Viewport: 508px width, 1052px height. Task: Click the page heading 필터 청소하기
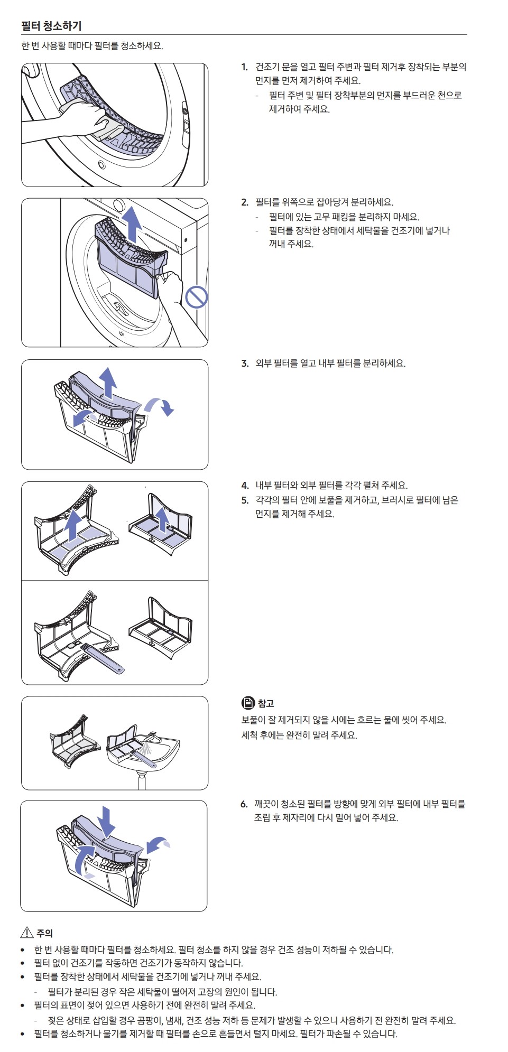tap(51, 26)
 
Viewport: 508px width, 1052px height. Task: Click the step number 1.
tap(244, 67)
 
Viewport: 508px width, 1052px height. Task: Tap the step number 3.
tap(245, 364)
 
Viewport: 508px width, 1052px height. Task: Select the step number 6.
tap(244, 804)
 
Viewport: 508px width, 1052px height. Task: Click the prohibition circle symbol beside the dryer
tap(197, 297)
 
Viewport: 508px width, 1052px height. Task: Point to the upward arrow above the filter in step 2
tap(132, 224)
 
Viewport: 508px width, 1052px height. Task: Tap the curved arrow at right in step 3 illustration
tap(160, 406)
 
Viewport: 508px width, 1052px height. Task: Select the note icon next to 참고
tap(248, 703)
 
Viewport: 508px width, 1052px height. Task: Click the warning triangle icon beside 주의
tap(27, 933)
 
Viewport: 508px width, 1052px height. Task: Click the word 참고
tap(266, 703)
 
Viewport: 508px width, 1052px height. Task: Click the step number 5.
tap(245, 500)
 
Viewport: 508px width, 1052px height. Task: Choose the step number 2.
tap(245, 202)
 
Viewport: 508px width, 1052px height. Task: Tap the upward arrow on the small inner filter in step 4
tap(163, 519)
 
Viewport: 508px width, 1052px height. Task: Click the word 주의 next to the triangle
tap(45, 933)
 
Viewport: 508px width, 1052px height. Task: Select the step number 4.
tap(245, 486)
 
